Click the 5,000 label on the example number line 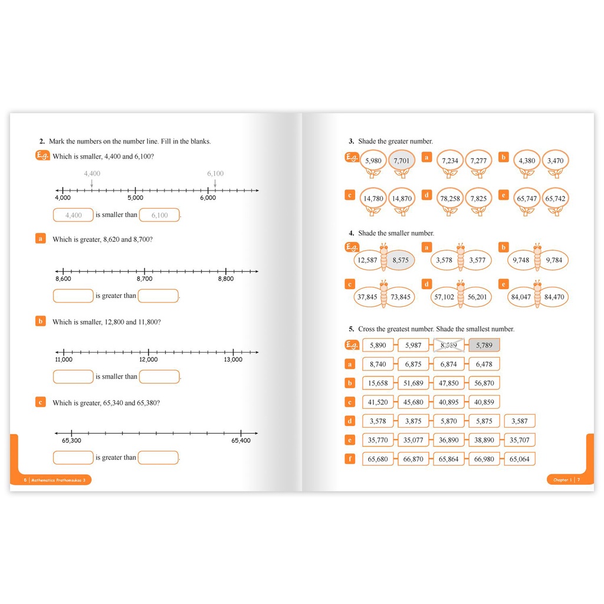point(135,198)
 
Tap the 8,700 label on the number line point(145,279)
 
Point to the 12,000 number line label point(148,360)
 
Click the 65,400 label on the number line point(241,441)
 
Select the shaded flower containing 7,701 point(401,160)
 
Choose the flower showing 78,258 point(450,199)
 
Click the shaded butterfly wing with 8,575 point(401,260)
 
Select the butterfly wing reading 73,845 point(401,297)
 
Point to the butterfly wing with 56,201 point(477,297)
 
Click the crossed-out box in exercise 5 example point(449,346)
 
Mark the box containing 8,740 point(377,365)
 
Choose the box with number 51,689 point(413,383)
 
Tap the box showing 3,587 point(520,421)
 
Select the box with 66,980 point(484,459)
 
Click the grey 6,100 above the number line point(215,173)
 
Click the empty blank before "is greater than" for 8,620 point(73,296)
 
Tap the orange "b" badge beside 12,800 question point(41,321)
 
